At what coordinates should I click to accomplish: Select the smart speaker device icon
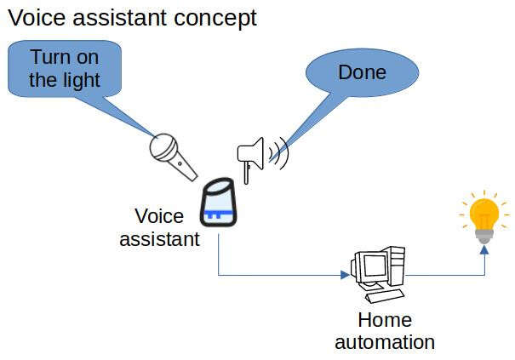(x=218, y=204)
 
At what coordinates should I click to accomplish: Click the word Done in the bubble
(x=362, y=72)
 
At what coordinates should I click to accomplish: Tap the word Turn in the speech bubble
(x=49, y=59)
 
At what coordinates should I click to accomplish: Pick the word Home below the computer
(x=384, y=320)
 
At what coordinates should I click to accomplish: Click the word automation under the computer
(x=384, y=342)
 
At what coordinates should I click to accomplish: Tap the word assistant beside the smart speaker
(x=159, y=238)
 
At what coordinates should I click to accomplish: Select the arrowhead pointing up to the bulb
(x=484, y=250)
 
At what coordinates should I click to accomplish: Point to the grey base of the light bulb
(x=484, y=235)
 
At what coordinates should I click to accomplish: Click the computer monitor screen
(x=370, y=267)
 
